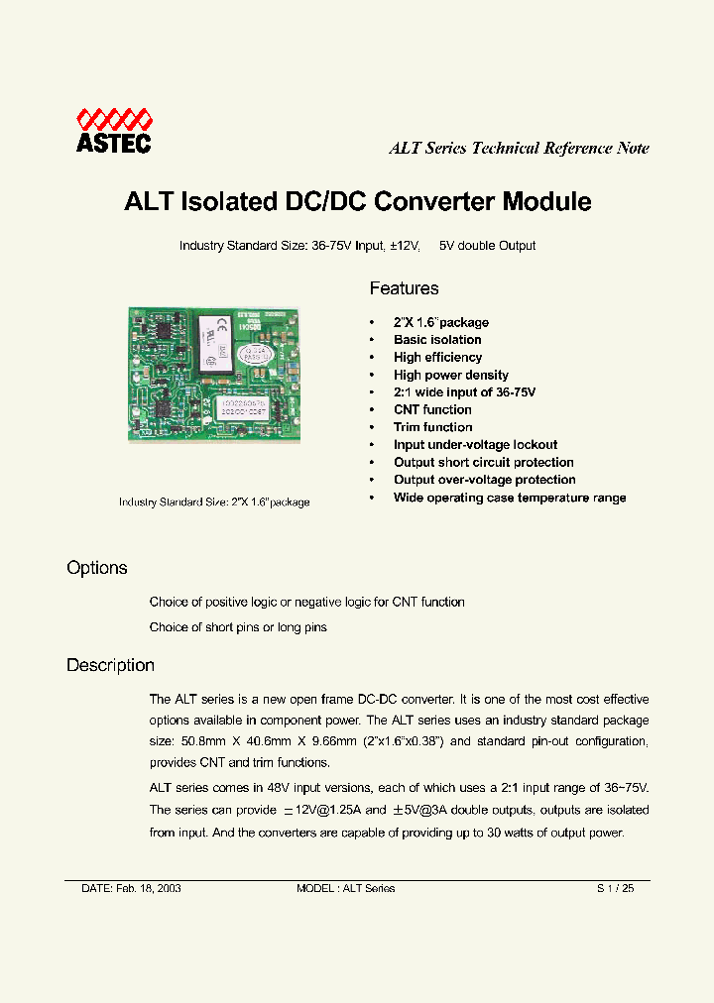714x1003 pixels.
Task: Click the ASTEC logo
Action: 114,132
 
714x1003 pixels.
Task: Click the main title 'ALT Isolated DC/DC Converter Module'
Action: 357,202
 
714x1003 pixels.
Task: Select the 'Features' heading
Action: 404,288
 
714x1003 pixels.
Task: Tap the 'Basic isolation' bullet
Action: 437,340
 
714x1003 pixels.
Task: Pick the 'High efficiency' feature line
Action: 437,357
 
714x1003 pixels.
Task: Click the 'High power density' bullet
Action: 450,375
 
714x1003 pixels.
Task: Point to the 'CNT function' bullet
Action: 432,409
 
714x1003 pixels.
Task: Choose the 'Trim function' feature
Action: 432,427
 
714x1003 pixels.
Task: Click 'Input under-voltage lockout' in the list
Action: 475,445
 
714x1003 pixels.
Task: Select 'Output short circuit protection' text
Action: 483,462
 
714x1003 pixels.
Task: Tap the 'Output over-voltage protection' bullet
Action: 484,480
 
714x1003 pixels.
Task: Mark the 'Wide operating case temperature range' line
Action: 510,498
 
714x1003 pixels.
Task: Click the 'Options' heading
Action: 97,568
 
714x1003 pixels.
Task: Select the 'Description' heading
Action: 110,665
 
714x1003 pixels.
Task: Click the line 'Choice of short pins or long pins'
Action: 238,627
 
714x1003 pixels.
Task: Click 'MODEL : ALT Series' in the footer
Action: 345,888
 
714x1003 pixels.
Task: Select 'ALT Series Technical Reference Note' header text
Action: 519,149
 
